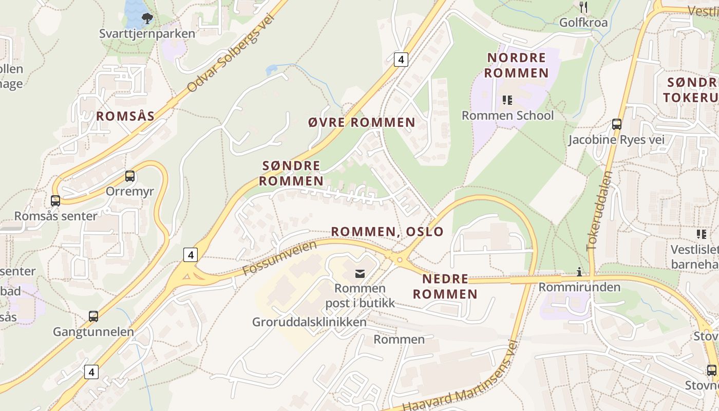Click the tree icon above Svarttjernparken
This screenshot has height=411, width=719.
147,19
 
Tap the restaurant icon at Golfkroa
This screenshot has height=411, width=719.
583,7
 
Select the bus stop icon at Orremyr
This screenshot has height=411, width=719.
130,176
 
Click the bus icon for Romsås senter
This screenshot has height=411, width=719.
55,201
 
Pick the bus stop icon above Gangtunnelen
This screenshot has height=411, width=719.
93,316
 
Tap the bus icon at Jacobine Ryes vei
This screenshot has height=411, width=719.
617,124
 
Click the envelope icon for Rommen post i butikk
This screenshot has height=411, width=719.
360,273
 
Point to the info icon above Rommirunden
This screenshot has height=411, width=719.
580,272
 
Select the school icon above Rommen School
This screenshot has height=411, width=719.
507,100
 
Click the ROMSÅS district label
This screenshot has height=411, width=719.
125,116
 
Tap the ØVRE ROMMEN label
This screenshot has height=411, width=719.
362,122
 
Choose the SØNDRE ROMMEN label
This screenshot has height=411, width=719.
291,173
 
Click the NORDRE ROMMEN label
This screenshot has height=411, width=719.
517,65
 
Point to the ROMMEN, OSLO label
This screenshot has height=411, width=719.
387,231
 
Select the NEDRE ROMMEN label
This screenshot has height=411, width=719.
445,287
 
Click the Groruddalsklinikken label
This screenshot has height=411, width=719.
309,322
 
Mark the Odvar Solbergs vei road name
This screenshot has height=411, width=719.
231,53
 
